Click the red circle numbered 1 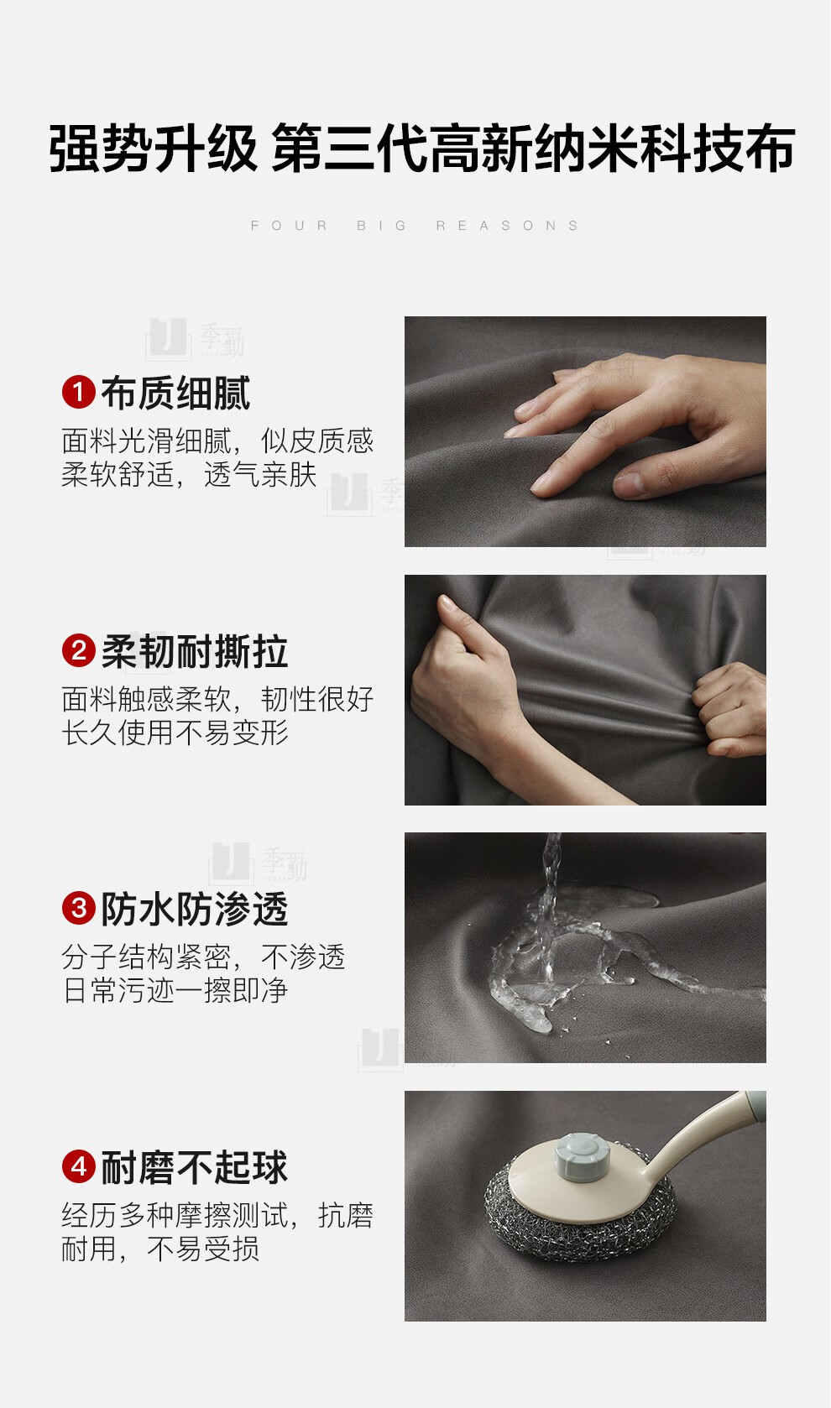pos(79,392)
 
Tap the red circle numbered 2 pos(79,650)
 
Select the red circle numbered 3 pos(79,908)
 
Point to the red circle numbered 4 pos(79,1166)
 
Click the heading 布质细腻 pos(176,393)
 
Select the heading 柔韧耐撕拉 pos(195,651)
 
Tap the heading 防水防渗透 pos(195,909)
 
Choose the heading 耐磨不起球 pos(195,1167)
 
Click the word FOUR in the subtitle pos(289,226)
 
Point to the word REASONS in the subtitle pos(507,226)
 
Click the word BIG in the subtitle pos(382,226)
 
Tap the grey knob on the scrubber pos(583,1155)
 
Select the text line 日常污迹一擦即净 pos(175,990)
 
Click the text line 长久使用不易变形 pos(175,733)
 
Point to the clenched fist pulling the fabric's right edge pos(729,708)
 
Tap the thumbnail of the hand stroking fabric pos(585,431)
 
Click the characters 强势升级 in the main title pos(154,149)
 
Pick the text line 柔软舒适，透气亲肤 pos(189,475)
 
